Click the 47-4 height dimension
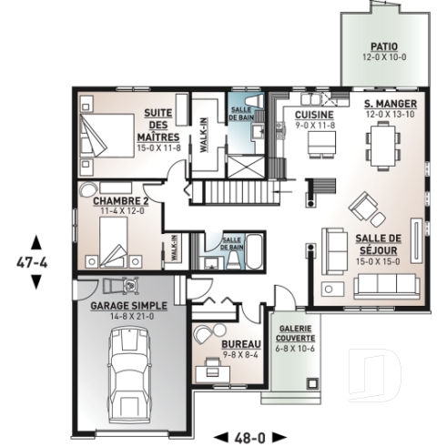click(x=36, y=261)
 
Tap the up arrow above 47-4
click(x=36, y=242)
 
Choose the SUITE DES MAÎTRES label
click(x=161, y=126)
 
